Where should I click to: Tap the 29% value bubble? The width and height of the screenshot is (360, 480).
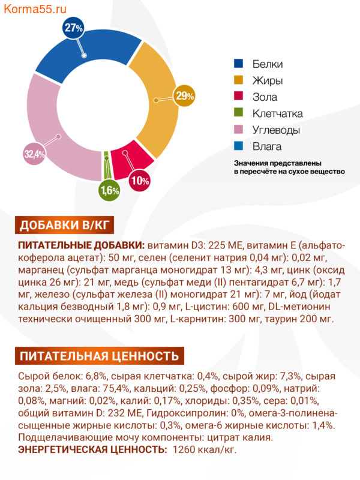184,95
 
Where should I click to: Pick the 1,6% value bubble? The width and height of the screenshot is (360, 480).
110,191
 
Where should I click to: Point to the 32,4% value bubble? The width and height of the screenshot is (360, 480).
35,154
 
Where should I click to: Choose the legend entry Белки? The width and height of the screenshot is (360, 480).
267,64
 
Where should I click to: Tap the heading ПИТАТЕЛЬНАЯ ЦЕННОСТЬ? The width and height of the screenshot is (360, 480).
100,356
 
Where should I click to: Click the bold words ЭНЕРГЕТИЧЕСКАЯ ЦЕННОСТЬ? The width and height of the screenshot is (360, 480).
93,449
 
